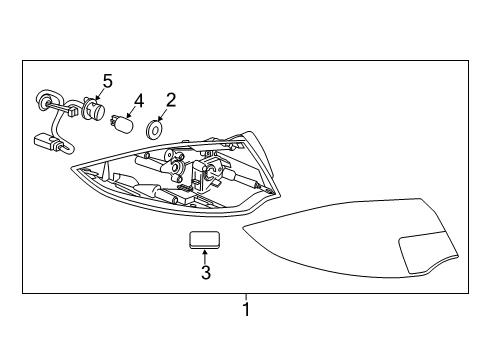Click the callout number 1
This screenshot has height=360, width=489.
[x=246, y=309]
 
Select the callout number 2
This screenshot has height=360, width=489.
[x=171, y=100]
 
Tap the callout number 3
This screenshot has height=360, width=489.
[x=206, y=272]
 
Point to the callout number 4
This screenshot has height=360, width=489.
[x=139, y=101]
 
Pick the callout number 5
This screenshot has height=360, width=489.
[x=107, y=81]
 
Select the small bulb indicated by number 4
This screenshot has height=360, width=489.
[x=122, y=124]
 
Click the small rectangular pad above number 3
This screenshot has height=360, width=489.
[x=204, y=240]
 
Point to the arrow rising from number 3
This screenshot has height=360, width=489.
[x=205, y=257]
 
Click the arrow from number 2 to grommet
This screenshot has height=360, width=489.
[x=162, y=115]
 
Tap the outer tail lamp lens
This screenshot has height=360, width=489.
[x=351, y=238]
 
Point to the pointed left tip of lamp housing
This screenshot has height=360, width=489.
[x=71, y=168]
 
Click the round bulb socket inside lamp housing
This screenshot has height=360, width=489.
[x=175, y=167]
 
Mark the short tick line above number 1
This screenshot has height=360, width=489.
[x=246, y=297]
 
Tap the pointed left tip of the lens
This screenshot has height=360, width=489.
[x=243, y=228]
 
